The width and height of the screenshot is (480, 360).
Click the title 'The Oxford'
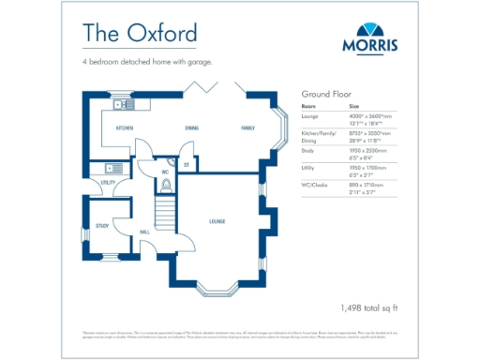(x=140, y=33)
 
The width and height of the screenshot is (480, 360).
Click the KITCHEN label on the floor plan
(x=125, y=127)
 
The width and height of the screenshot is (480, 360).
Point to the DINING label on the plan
(x=191, y=127)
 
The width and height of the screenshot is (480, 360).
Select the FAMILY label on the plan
(x=247, y=127)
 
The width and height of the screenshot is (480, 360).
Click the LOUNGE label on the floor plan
(x=217, y=221)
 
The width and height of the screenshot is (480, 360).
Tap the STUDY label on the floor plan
(x=102, y=226)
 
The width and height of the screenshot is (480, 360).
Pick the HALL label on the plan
(x=145, y=230)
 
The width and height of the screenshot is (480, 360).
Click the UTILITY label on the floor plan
(x=108, y=182)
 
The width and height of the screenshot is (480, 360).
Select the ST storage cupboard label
(x=187, y=165)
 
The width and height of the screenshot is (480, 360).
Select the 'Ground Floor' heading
(x=324, y=95)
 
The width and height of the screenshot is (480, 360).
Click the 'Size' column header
(x=354, y=107)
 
